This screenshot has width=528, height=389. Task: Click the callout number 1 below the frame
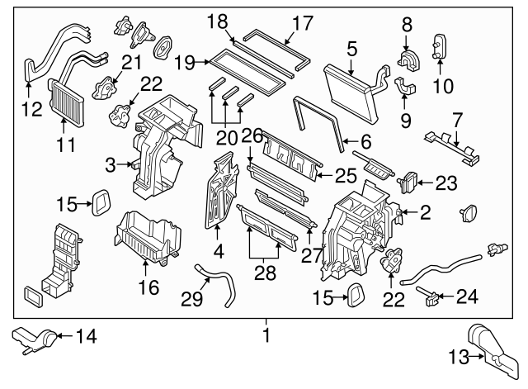(x=265, y=336)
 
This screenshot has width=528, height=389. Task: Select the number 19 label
(x=185, y=60)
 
